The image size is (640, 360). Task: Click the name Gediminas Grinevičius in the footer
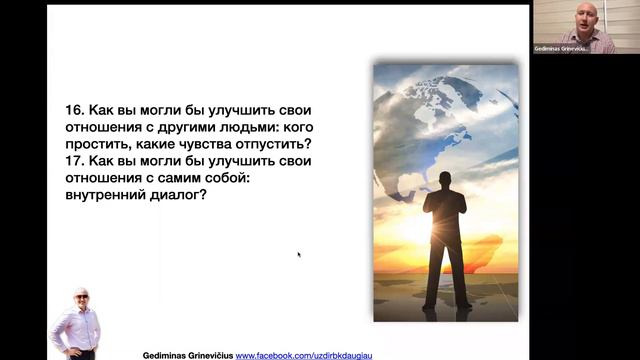click(x=189, y=354)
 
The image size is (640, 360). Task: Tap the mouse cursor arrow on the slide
click(x=299, y=254)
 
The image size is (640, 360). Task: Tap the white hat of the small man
click(x=80, y=292)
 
